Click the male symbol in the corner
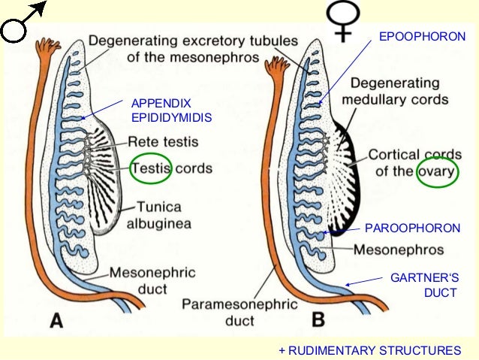(x=23, y=23)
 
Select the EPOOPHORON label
(x=427, y=36)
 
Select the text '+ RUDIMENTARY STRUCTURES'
(x=369, y=349)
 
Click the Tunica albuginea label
(x=167, y=214)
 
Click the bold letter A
(x=56, y=322)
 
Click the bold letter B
(x=318, y=322)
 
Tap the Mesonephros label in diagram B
(x=398, y=249)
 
